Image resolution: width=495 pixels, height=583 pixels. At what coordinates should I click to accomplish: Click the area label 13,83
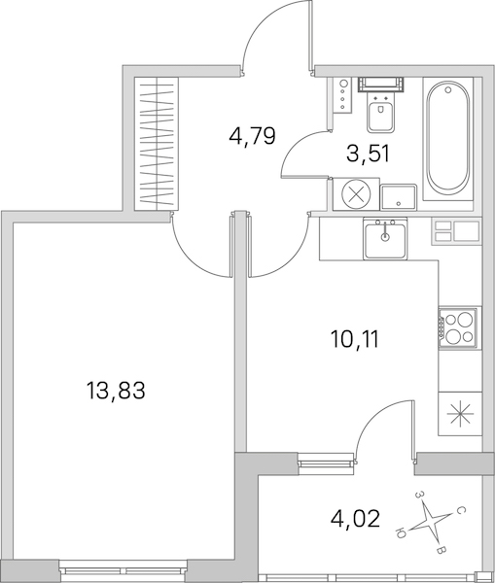[115, 392]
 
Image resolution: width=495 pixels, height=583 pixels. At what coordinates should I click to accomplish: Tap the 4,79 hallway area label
[252, 136]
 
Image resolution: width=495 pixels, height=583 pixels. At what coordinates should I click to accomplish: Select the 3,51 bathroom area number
[368, 154]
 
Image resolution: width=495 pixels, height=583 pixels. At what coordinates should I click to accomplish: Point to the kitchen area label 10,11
[355, 339]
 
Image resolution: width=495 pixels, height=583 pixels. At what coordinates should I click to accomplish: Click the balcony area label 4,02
[355, 518]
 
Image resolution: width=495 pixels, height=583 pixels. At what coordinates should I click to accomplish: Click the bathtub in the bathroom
[447, 139]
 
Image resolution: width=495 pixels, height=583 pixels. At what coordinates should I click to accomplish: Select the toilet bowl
[381, 112]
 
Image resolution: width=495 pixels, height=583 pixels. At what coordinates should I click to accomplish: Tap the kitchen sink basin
[385, 238]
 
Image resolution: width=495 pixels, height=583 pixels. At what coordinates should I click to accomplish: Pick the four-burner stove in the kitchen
[459, 328]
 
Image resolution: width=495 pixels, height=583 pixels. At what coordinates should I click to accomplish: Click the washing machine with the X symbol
[356, 194]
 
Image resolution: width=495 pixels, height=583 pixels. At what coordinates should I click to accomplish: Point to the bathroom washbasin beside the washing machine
[398, 196]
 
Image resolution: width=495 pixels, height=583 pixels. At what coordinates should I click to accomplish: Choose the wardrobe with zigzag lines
[157, 144]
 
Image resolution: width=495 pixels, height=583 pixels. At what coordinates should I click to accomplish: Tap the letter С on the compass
[460, 511]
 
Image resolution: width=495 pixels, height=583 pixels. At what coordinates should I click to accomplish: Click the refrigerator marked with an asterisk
[460, 414]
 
